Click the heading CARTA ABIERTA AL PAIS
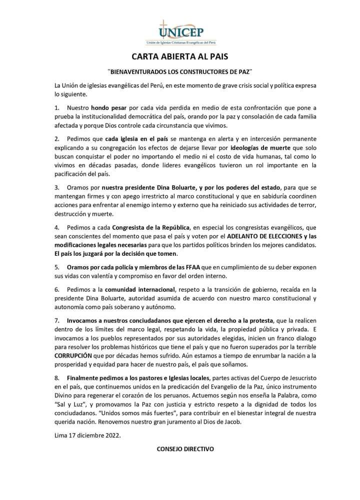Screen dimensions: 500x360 (x=179, y=56)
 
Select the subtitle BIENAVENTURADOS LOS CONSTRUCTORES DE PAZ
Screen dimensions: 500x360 (x=179, y=72)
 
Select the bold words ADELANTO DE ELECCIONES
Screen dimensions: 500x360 (x=254, y=237)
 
